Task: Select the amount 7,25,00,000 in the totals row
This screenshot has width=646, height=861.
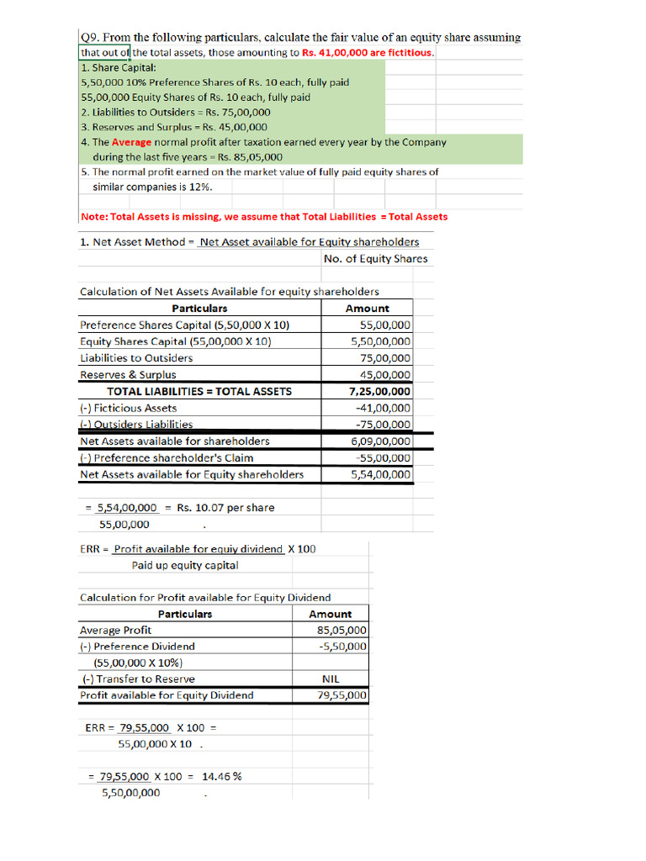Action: coord(380,392)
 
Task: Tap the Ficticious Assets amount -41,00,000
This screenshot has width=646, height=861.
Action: coord(384,409)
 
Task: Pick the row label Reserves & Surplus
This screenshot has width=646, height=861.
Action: coord(128,375)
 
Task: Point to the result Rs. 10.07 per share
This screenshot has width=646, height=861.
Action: coord(225,508)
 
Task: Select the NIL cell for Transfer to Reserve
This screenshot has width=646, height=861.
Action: coord(331,679)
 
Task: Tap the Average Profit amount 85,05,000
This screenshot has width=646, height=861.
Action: coord(342,631)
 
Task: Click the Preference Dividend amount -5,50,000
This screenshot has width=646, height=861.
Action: coord(343,647)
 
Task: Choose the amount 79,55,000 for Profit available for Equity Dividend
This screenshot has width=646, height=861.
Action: coord(342,696)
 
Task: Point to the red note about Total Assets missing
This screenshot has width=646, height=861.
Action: coord(264,217)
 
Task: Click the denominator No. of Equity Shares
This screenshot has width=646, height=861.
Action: coord(375,259)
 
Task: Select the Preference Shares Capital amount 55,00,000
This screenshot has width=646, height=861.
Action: coord(385,325)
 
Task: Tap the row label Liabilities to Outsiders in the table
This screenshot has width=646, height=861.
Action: coord(136,358)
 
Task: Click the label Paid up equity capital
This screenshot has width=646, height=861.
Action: coord(185,566)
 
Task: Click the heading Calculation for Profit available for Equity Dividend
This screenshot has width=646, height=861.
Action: coord(205,598)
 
